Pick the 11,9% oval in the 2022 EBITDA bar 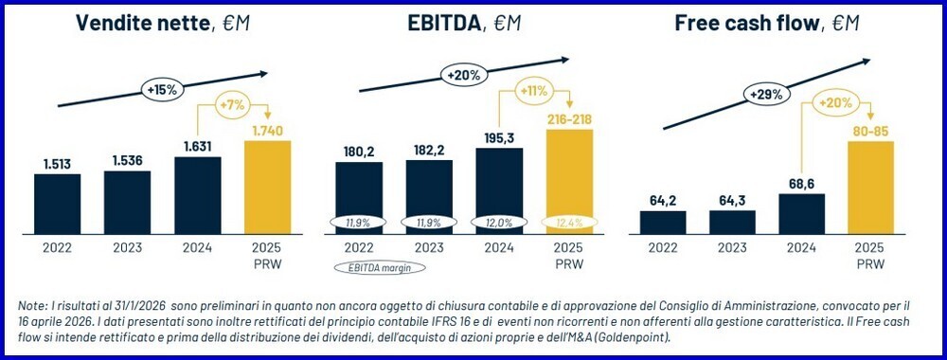(x=359, y=222)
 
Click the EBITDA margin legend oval (x=378, y=268)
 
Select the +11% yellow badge (x=535, y=92)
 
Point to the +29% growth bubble (x=767, y=95)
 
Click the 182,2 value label (x=428, y=151)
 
